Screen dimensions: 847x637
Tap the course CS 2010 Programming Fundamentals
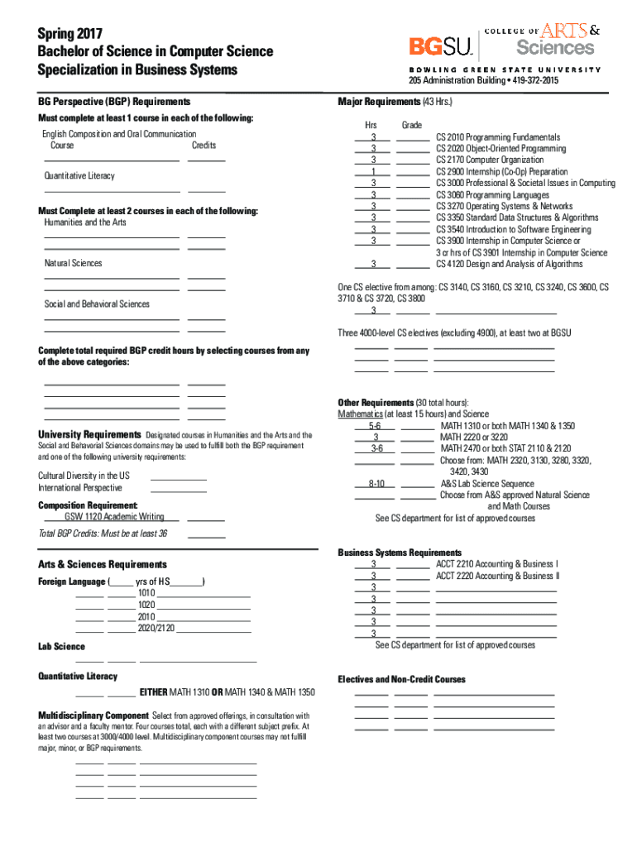pyautogui.click(x=498, y=137)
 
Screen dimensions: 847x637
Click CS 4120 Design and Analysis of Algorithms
pyautogui.click(x=509, y=265)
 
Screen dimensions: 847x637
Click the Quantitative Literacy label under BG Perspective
pyautogui.click(x=79, y=176)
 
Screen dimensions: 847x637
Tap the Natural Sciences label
pyautogui.click(x=74, y=263)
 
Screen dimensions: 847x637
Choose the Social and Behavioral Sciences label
pyautogui.click(x=97, y=304)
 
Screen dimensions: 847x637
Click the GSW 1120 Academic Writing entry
pyautogui.click(x=114, y=517)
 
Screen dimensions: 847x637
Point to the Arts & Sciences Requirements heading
pyautogui.click(x=103, y=565)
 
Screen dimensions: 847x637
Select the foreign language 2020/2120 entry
pyautogui.click(x=157, y=629)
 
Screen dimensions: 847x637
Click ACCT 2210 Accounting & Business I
pyautogui.click(x=496, y=564)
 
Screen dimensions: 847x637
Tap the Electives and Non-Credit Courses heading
pyautogui.click(x=401, y=680)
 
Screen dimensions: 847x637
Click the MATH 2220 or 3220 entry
pyautogui.click(x=474, y=437)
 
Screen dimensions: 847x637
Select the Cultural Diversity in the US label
pyautogui.click(x=84, y=476)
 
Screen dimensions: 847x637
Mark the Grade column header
pyautogui.click(x=412, y=125)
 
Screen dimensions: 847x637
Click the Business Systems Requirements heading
pyautogui.click(x=400, y=553)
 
